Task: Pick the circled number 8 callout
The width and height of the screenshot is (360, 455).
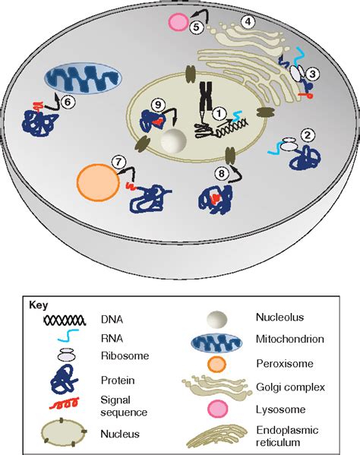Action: (x=222, y=174)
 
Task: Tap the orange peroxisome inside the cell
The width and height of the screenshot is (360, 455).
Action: (x=96, y=182)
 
